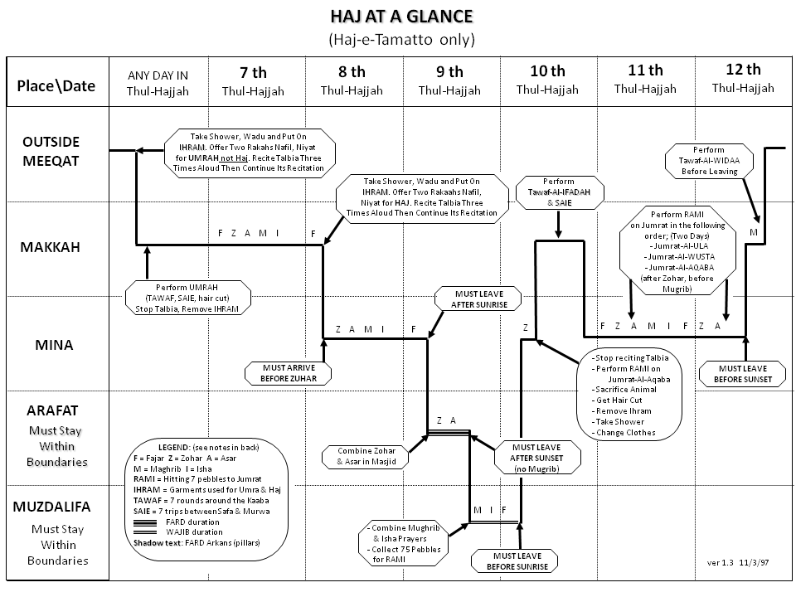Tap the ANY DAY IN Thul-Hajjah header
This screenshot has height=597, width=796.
tap(158, 84)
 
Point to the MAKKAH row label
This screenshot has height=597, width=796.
tap(52, 247)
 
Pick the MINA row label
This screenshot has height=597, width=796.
tap(51, 344)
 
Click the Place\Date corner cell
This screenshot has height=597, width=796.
tap(56, 85)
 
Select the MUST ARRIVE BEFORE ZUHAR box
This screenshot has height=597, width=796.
tap(287, 372)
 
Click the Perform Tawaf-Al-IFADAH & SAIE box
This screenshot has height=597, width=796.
tap(558, 192)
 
